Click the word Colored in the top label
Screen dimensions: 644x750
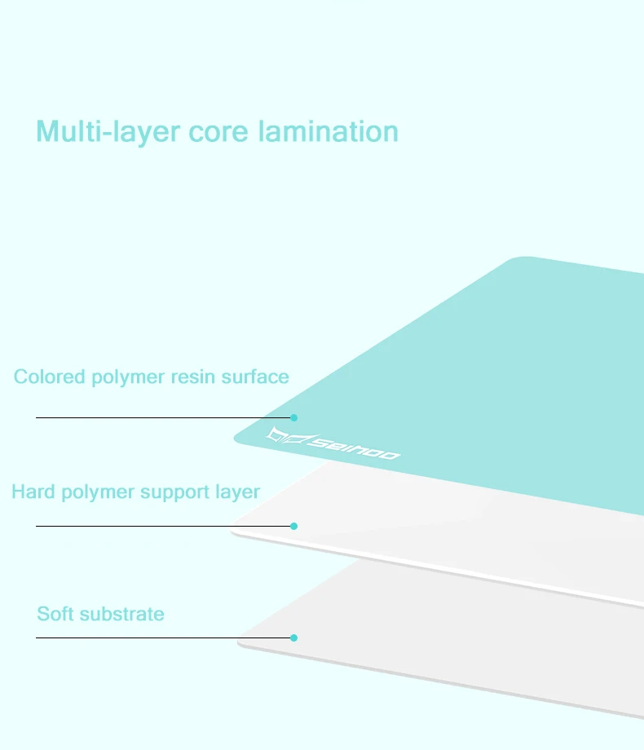(x=49, y=377)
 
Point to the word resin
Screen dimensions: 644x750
(x=193, y=377)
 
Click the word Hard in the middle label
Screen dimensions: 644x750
(x=32, y=492)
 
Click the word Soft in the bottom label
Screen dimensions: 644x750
(x=55, y=614)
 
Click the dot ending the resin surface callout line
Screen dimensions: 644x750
(x=294, y=417)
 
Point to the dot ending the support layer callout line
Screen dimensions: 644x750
(x=294, y=526)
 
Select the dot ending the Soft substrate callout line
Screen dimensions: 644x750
(x=294, y=637)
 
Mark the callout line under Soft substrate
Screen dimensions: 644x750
(x=163, y=637)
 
